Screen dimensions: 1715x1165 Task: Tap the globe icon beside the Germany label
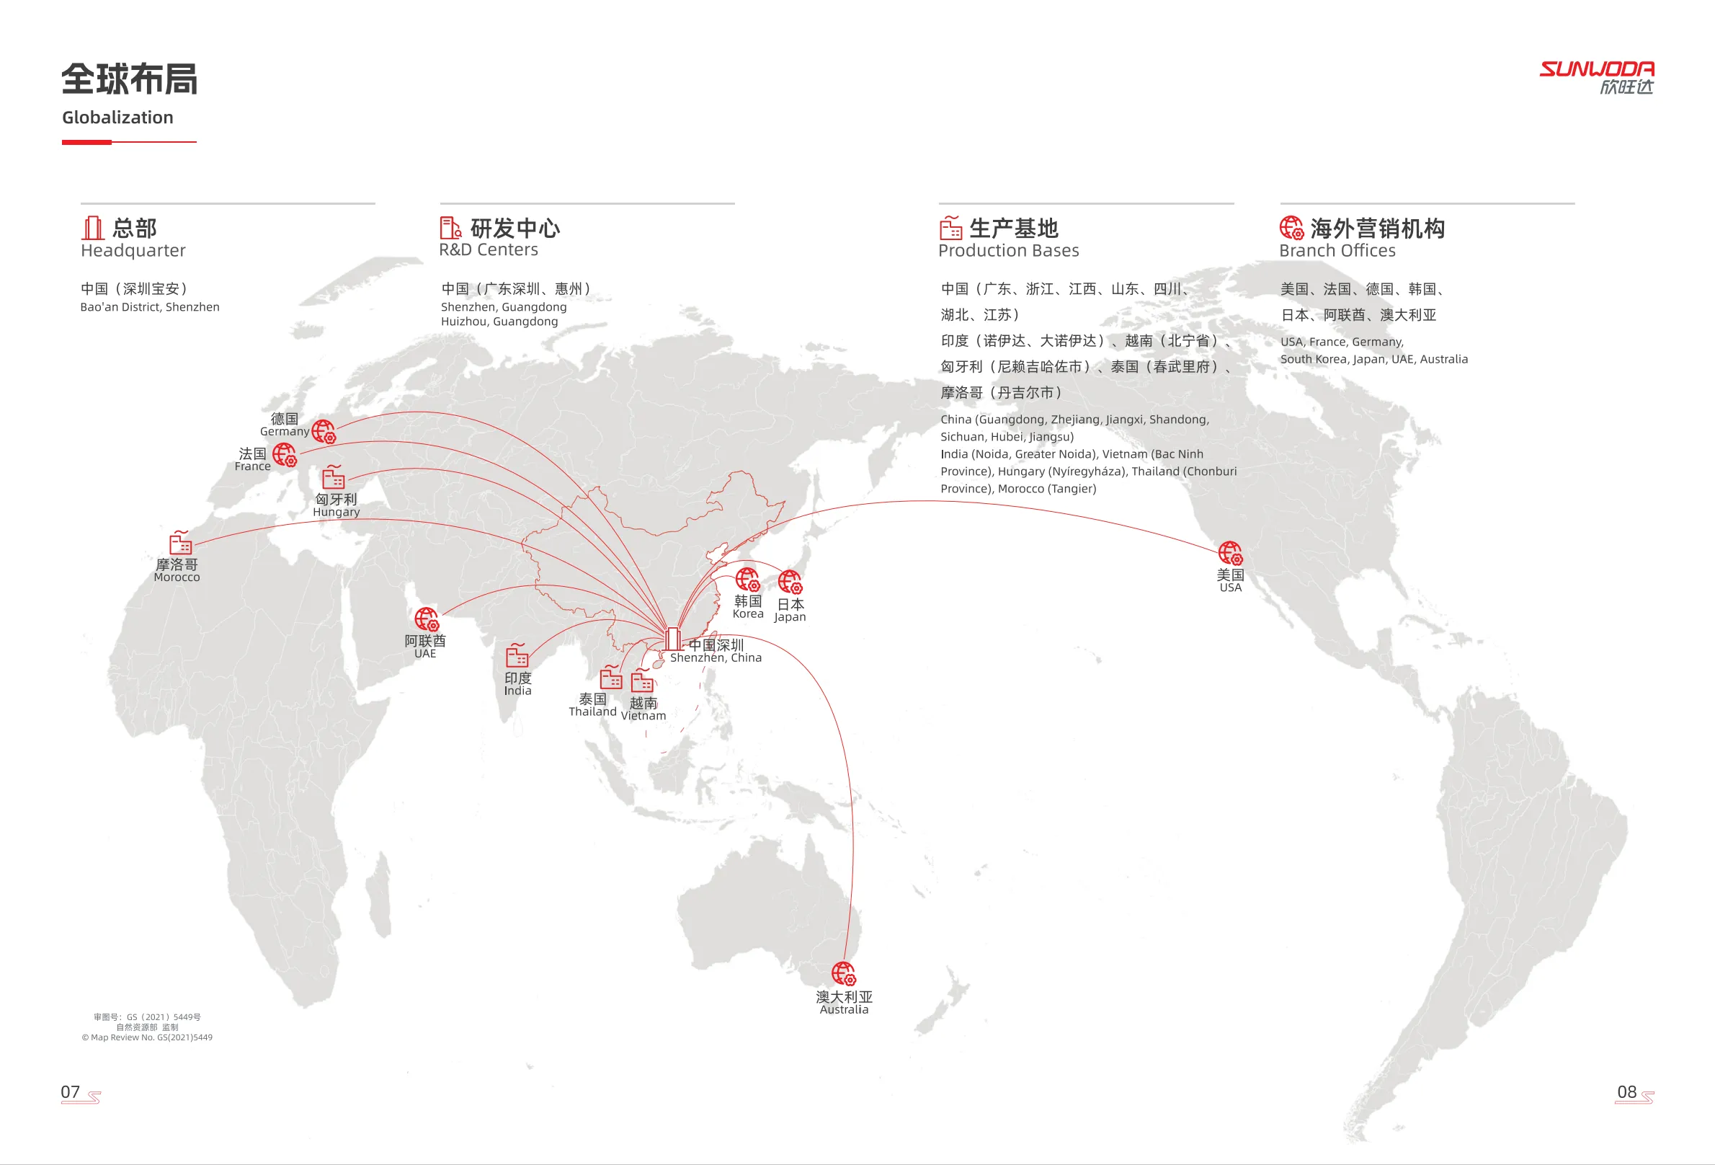[x=324, y=431]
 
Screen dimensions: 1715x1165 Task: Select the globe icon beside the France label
[x=285, y=455]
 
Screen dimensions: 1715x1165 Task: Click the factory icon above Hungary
[x=334, y=477]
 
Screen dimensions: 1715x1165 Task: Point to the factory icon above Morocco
[x=181, y=543]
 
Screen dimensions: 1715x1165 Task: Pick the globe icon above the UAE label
[x=427, y=619]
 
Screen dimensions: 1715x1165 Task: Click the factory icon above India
[x=517, y=655]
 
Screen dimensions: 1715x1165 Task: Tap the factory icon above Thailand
[x=610, y=677]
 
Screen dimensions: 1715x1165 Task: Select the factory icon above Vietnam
[x=642, y=681]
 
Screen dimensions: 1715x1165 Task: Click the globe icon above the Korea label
[x=747, y=580]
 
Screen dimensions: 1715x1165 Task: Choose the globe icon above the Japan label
[x=790, y=582]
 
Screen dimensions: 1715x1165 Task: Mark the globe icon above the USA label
[x=1230, y=553]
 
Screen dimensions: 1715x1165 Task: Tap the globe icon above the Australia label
[x=844, y=974]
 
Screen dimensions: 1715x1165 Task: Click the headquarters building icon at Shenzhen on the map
[x=672, y=639]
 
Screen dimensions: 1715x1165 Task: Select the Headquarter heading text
[x=133, y=251]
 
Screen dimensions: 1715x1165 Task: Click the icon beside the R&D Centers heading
[x=450, y=227]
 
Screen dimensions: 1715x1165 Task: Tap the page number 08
[x=1626, y=1092]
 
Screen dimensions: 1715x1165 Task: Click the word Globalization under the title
[x=117, y=118]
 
